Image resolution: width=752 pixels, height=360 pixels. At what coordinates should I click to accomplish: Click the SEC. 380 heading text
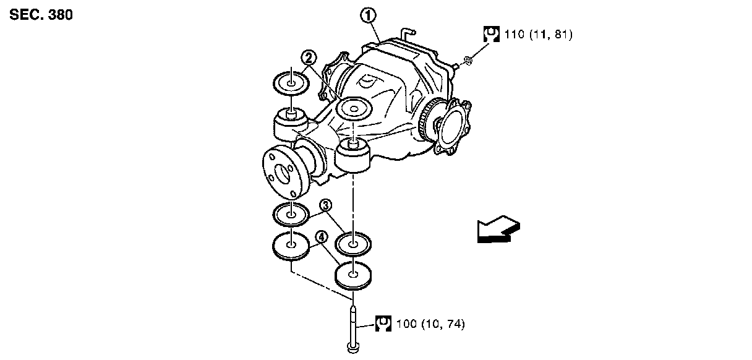click(41, 14)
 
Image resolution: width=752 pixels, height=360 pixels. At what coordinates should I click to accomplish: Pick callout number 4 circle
click(321, 236)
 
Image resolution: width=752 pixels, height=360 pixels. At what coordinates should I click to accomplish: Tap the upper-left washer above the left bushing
click(291, 83)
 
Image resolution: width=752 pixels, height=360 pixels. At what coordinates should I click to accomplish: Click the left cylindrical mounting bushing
click(290, 124)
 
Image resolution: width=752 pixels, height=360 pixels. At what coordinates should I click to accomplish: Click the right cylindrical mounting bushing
click(352, 157)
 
